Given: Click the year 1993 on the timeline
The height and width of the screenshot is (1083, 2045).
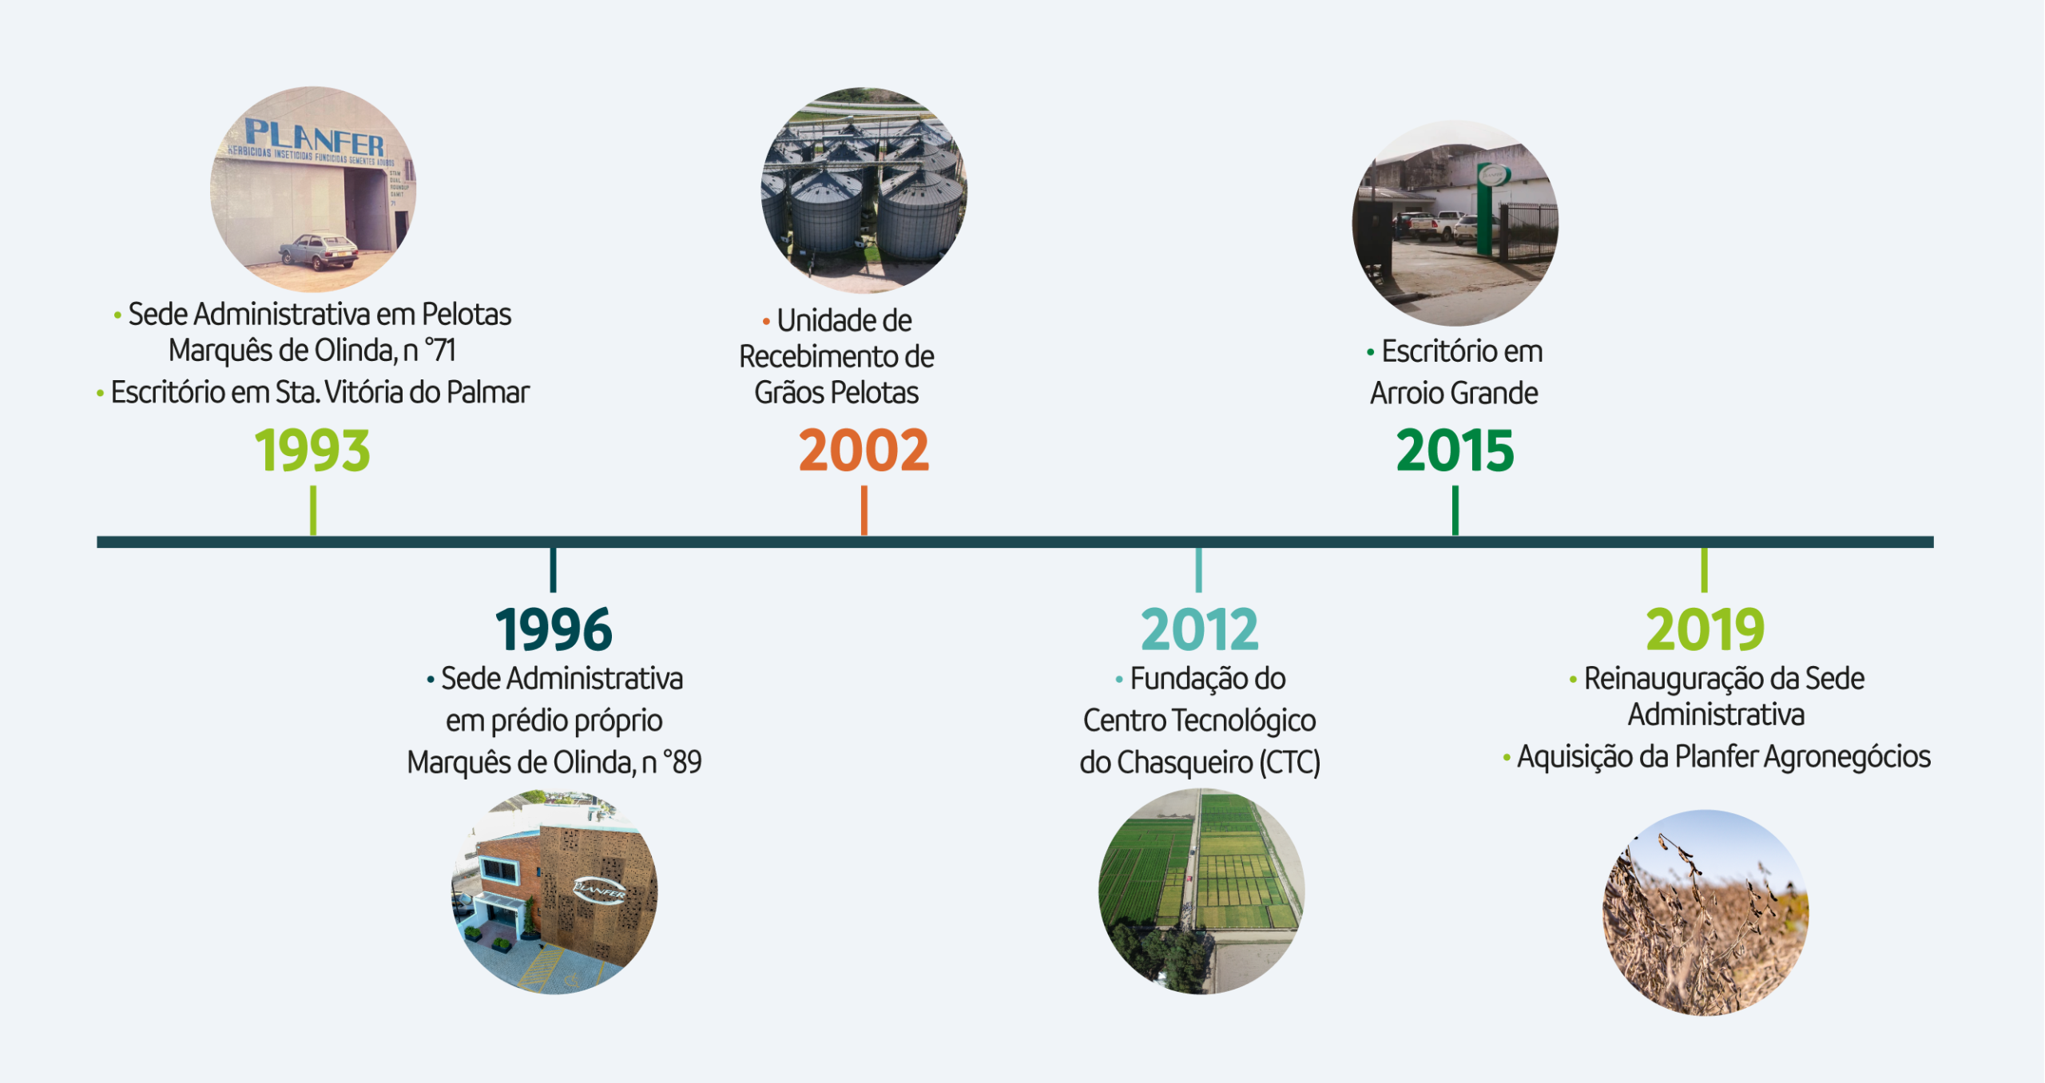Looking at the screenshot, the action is click(x=312, y=450).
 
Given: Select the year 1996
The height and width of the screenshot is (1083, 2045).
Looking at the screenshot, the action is click(x=554, y=629).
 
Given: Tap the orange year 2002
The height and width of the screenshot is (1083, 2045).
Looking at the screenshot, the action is click(x=864, y=450).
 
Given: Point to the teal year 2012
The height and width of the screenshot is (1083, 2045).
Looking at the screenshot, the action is click(x=1199, y=629).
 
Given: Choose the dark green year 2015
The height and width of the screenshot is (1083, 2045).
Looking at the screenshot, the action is click(x=1455, y=450).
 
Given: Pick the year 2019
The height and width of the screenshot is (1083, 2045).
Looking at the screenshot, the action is click(x=1705, y=629).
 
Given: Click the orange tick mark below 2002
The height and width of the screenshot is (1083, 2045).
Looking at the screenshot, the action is click(x=864, y=510).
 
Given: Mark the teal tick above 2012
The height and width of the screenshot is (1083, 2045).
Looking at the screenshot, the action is click(x=1198, y=570).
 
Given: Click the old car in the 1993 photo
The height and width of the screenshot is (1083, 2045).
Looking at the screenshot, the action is click(x=319, y=251).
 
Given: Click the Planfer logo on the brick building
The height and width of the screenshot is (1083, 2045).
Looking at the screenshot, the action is click(x=600, y=888).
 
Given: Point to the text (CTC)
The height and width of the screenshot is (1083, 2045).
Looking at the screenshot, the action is click(x=1289, y=763).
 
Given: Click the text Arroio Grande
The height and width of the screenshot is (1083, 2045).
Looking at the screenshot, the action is click(x=1454, y=393).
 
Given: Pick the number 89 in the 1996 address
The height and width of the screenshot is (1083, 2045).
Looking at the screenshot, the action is click(x=687, y=763).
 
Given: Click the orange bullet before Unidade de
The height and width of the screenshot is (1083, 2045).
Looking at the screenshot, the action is click(x=766, y=322).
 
